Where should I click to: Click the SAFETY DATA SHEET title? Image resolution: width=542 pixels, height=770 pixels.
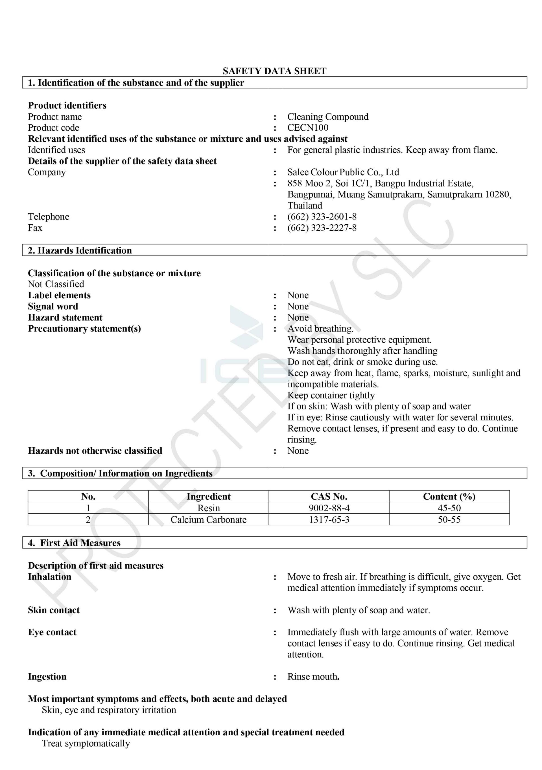point(274,71)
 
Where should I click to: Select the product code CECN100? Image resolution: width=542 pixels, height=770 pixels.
point(308,128)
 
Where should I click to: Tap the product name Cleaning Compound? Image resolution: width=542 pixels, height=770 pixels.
point(327,117)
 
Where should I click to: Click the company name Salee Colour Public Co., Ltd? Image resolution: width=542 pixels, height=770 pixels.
point(343,172)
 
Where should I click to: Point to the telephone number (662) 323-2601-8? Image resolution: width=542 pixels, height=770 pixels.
point(322,217)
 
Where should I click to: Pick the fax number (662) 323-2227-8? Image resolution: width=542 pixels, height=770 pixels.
point(322,228)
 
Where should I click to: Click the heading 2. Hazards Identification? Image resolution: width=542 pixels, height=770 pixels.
point(80,250)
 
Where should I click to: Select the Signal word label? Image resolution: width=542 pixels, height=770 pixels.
point(53,306)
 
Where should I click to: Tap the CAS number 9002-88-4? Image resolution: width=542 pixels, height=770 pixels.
point(329,508)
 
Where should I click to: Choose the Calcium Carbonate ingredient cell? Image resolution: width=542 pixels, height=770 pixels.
point(208,519)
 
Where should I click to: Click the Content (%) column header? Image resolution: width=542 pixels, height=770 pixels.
point(449,496)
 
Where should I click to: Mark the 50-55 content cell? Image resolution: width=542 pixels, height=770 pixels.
point(449,519)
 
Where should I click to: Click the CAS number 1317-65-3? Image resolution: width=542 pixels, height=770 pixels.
point(329,519)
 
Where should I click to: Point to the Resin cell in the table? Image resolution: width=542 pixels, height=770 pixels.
point(208,508)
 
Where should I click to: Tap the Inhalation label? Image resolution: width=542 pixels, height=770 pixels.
point(50,577)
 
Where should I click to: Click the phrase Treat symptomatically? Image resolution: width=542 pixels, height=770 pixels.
point(86,743)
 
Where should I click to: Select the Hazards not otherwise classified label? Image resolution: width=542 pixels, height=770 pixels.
point(95,450)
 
